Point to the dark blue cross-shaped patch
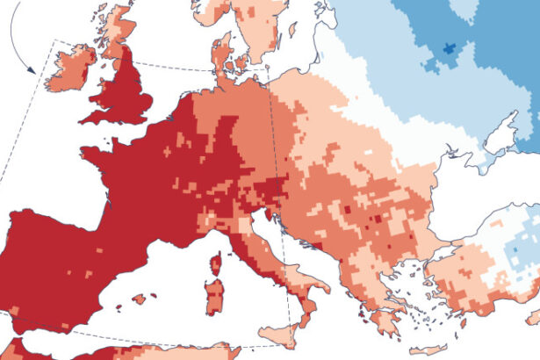(x=452, y=49)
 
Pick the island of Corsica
(x=216, y=265)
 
